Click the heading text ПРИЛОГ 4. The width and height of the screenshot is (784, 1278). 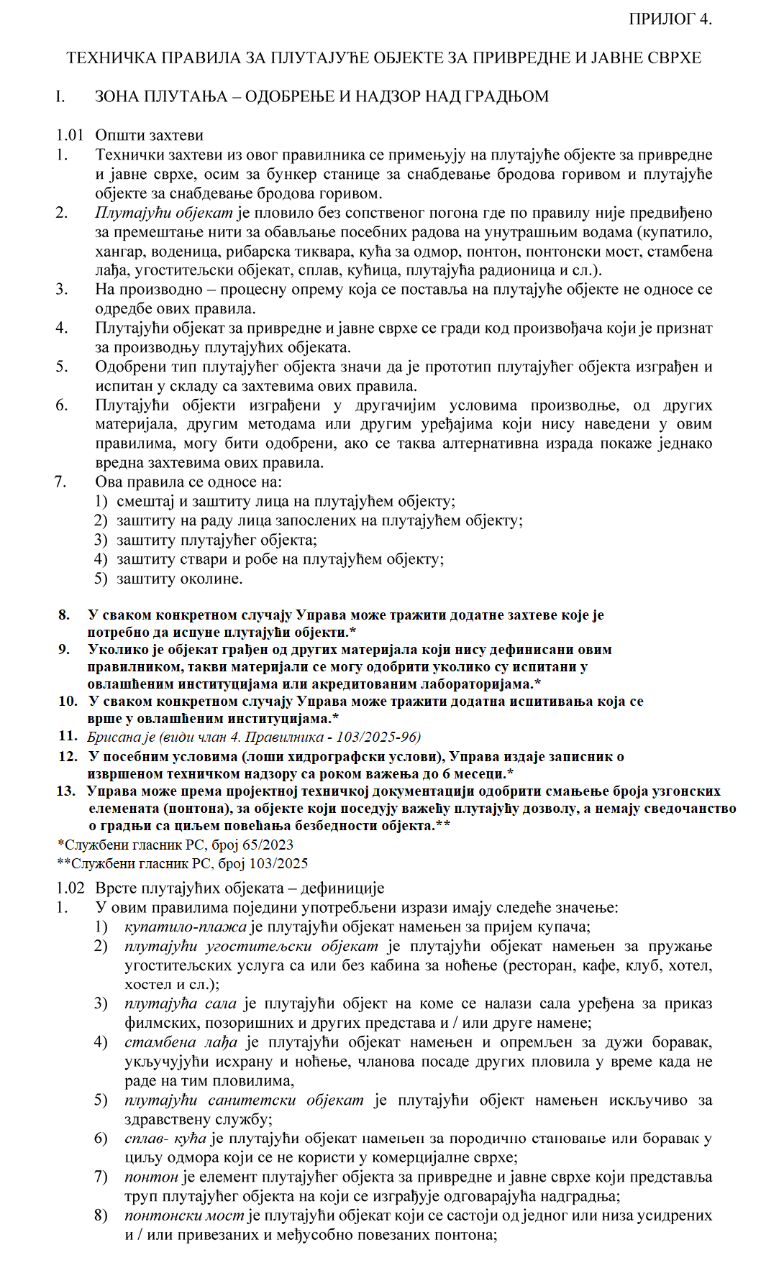670,19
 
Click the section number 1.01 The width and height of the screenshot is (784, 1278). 70,135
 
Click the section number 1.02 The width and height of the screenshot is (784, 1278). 70,888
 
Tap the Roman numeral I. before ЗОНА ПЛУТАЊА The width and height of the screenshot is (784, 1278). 60,96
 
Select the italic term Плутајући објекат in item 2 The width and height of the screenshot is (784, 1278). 164,213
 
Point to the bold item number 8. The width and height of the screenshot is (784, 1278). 65,615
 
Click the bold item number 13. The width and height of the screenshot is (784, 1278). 65,791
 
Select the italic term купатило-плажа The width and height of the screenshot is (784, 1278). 185,927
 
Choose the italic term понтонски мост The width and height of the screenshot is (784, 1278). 184,1215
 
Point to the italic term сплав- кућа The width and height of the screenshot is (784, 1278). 165,1139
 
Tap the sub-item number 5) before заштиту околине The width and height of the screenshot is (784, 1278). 101,579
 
